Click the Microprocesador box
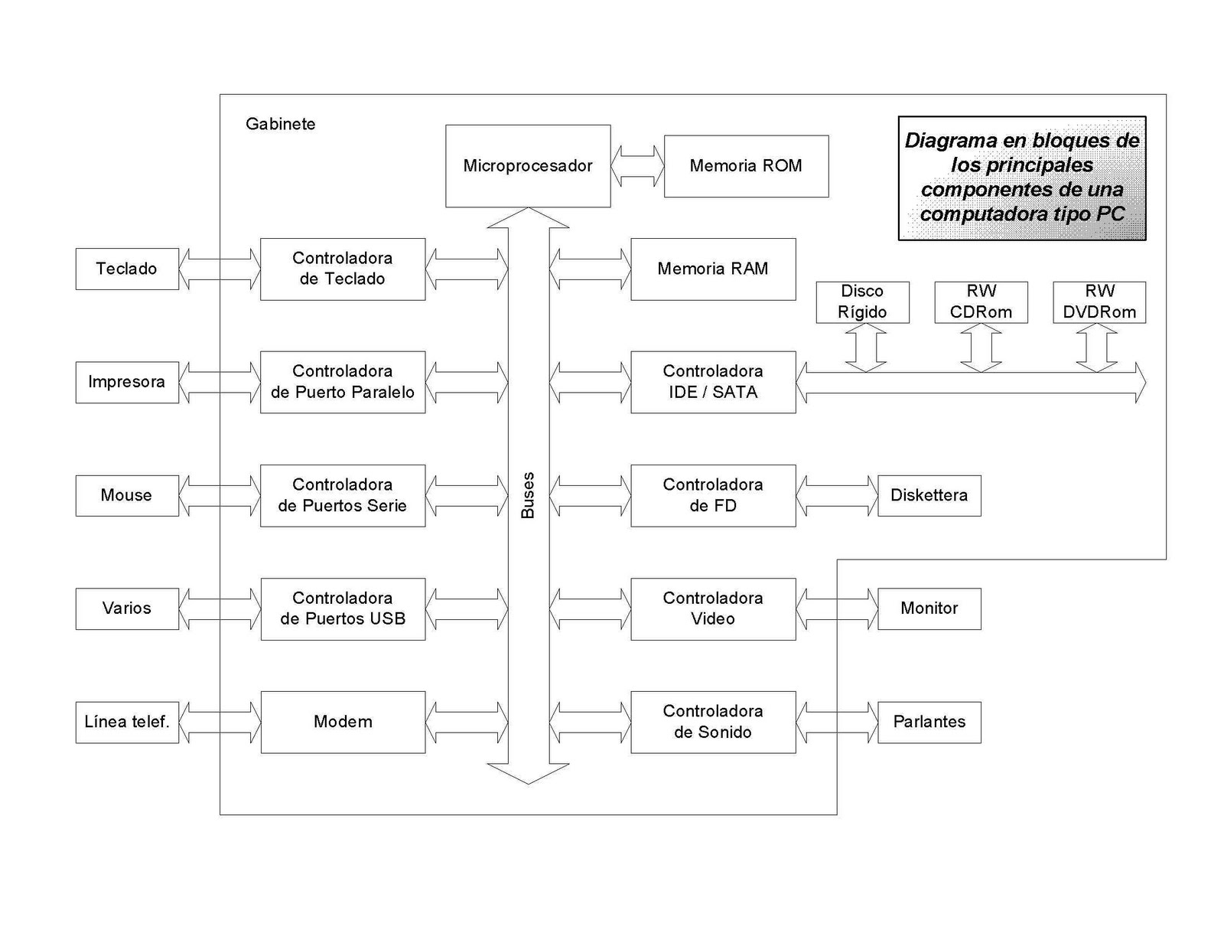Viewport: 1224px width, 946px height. click(x=528, y=165)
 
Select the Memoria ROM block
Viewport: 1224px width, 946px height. click(x=746, y=166)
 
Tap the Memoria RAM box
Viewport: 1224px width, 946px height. click(x=713, y=269)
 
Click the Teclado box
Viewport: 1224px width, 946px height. click(x=127, y=269)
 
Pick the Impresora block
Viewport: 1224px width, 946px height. click(x=127, y=382)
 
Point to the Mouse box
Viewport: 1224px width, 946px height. click(x=127, y=495)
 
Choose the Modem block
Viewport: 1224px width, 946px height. click(x=343, y=722)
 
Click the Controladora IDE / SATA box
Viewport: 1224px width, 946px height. click(x=713, y=382)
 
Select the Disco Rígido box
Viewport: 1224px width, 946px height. click(x=862, y=302)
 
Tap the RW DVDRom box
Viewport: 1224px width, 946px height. click(x=1099, y=302)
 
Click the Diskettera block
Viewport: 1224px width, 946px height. click(x=929, y=495)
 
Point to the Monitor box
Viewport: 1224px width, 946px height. click(x=929, y=608)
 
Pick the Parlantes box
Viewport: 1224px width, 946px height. click(x=929, y=722)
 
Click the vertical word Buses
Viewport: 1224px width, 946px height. click(x=528, y=495)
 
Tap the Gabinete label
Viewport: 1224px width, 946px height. click(x=280, y=124)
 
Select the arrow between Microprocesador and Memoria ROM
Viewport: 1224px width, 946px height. click(x=637, y=166)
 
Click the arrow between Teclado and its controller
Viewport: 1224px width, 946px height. click(x=220, y=269)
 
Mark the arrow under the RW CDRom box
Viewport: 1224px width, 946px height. click(x=981, y=347)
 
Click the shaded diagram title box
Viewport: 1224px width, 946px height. click(x=1021, y=178)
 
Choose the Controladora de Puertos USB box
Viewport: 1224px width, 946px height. click(x=343, y=608)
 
